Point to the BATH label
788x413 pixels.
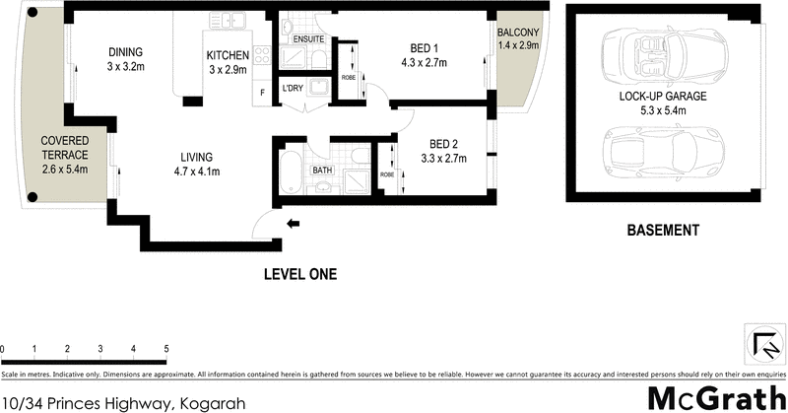322,171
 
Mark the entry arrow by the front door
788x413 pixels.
293,223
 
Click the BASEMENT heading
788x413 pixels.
663,231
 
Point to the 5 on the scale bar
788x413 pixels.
165,350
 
